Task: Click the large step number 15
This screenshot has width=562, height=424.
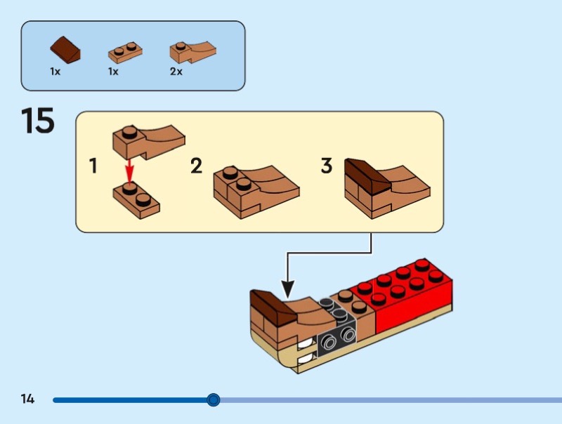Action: [x=38, y=121]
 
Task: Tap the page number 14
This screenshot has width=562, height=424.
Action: [x=27, y=399]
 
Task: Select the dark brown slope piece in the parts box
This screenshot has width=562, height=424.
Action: [x=65, y=51]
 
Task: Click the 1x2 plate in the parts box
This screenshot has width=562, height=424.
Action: [x=124, y=52]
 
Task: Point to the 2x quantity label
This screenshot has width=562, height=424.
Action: [x=176, y=72]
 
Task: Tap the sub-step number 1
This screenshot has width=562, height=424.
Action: [x=93, y=167]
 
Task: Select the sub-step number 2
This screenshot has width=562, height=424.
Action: [x=197, y=167]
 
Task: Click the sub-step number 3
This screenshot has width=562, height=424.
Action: [x=326, y=167]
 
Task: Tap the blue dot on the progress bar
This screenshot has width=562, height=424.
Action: [x=214, y=400]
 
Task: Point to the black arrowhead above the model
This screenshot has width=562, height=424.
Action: [x=287, y=289]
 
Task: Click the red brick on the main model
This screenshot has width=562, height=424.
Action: [x=407, y=295]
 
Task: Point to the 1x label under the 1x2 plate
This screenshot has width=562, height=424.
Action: [x=113, y=72]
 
